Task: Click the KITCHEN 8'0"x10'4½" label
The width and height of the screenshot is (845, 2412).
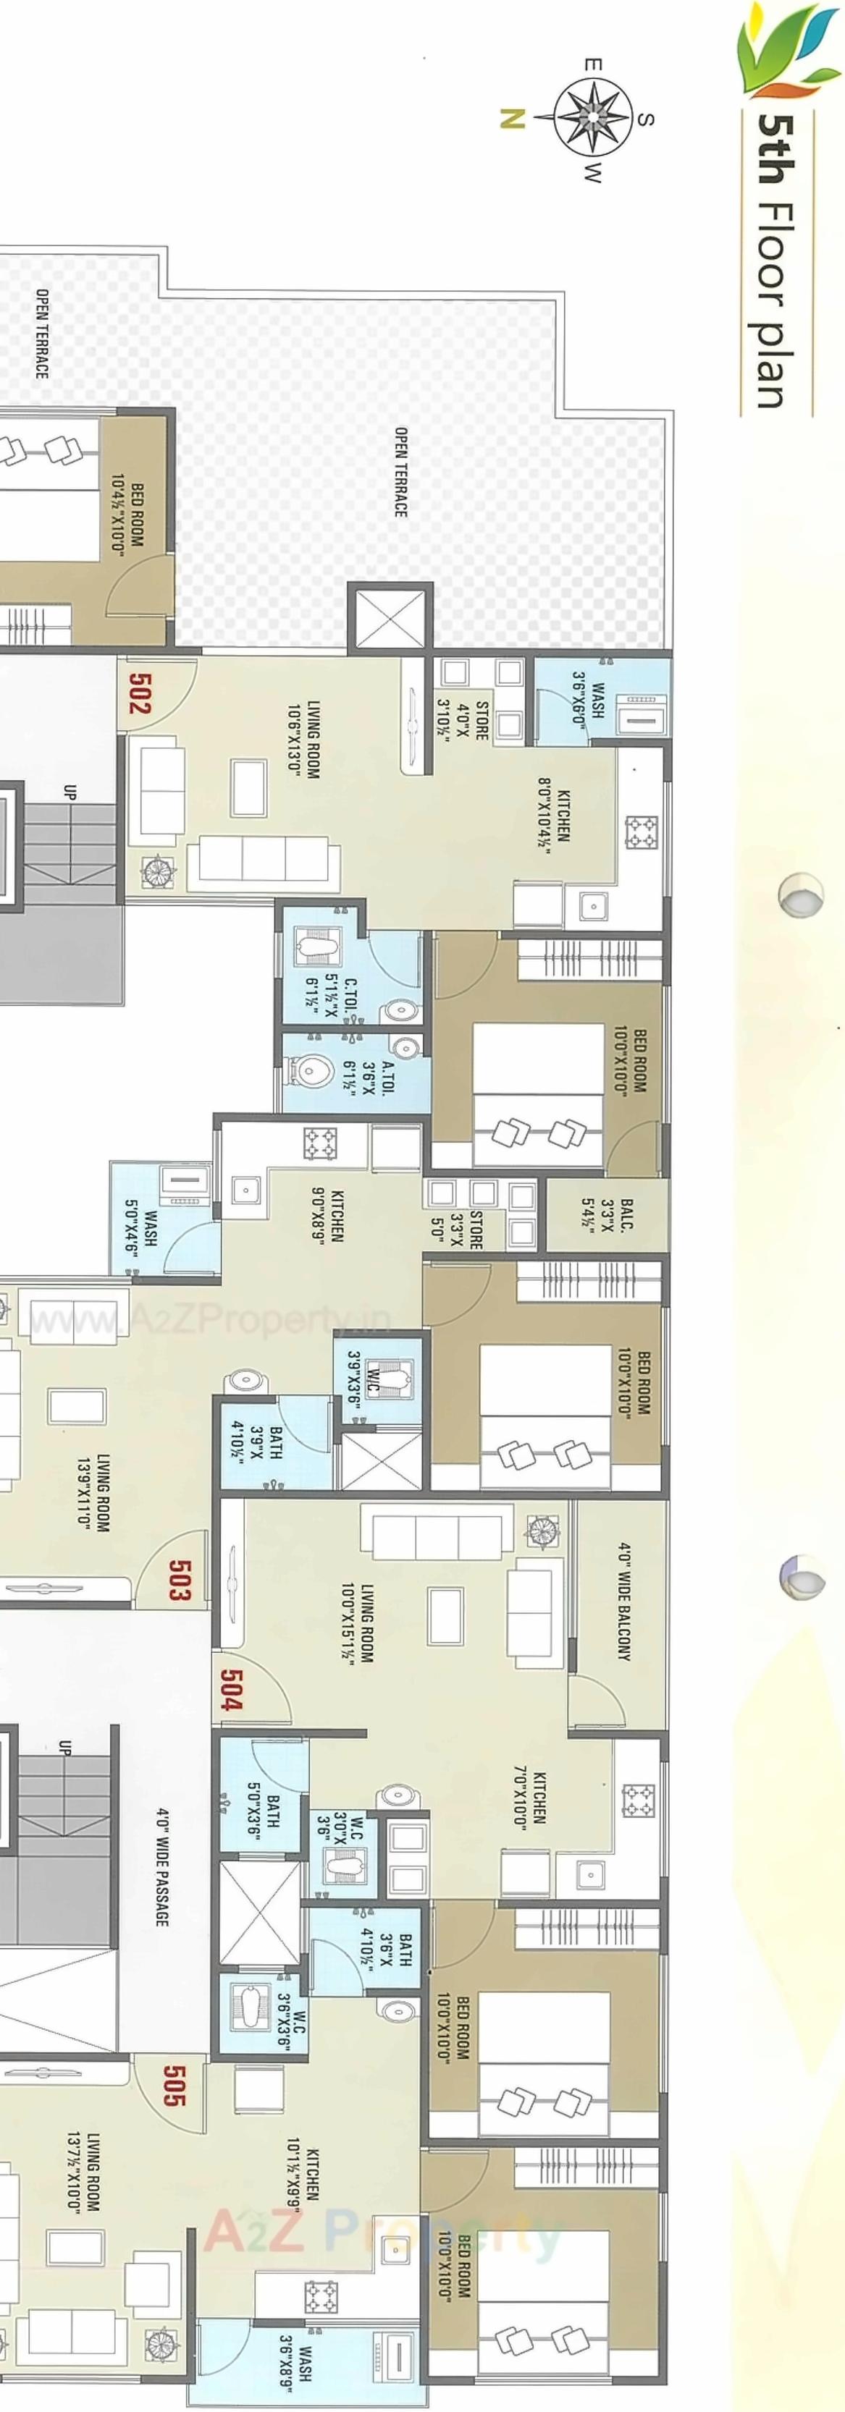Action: tap(554, 807)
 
